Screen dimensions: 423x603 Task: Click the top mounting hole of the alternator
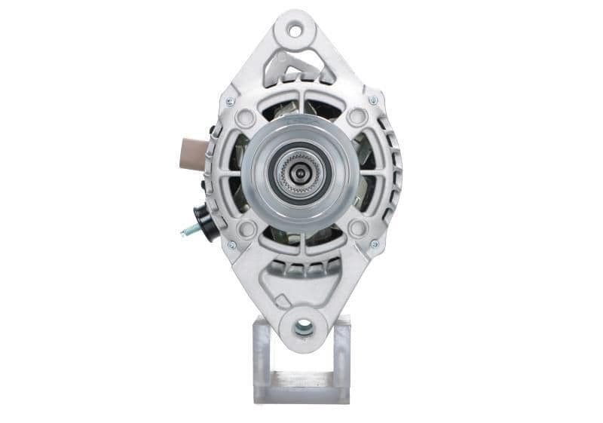point(295,31)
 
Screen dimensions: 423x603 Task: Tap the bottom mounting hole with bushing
point(303,326)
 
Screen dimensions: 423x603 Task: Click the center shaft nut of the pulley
point(300,173)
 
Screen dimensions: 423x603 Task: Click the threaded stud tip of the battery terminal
point(184,232)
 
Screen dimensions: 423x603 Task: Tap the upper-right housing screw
point(372,100)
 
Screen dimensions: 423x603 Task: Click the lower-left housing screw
point(231,244)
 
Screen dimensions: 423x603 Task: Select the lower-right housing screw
point(374,244)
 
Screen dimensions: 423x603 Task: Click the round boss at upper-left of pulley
point(244,118)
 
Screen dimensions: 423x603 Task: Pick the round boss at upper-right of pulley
point(357,117)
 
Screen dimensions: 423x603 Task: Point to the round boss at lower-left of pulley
point(246,228)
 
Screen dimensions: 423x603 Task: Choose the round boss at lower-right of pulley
point(358,228)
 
